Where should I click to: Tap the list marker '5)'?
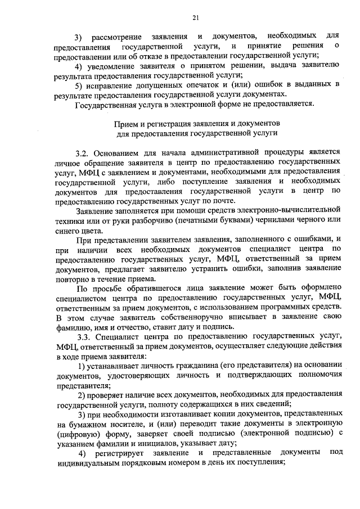click(80, 84)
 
